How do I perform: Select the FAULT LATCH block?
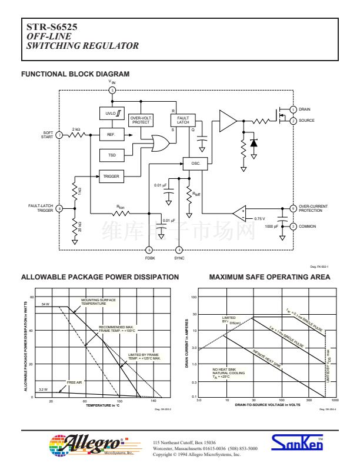(x=183, y=119)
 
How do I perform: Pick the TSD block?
(x=111, y=155)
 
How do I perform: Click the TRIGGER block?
(x=111, y=176)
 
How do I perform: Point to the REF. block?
(x=111, y=135)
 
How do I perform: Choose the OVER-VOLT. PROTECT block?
(x=141, y=120)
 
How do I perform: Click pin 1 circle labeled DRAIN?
(x=293, y=109)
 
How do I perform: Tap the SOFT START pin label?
(x=47, y=135)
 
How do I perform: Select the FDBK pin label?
(x=149, y=258)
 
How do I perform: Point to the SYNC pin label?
(x=179, y=258)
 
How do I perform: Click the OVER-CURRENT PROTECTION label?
(x=312, y=208)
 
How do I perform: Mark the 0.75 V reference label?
(x=259, y=218)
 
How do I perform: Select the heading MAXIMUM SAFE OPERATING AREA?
(x=269, y=277)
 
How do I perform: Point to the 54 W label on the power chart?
(x=45, y=305)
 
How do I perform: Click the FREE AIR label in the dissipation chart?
(x=75, y=382)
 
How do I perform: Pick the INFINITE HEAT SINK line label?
(x=268, y=358)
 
